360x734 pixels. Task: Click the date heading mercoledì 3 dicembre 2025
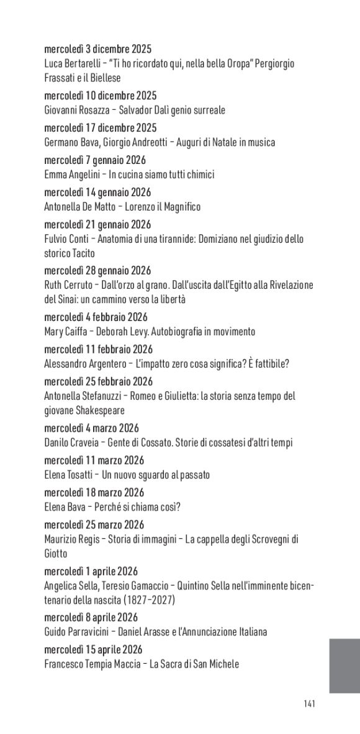98,49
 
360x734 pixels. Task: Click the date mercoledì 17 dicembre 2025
101,128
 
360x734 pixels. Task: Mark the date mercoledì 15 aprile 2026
94,650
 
